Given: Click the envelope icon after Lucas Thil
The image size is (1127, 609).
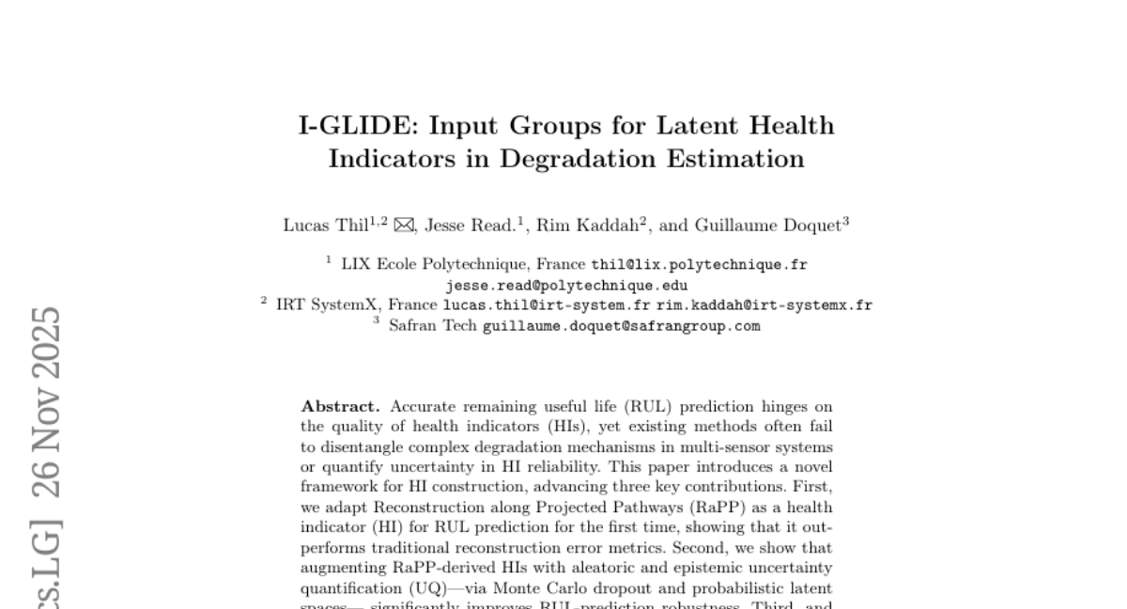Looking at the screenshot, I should pyautogui.click(x=404, y=226).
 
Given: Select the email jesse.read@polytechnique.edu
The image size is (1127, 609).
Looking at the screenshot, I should pyautogui.click(x=566, y=286).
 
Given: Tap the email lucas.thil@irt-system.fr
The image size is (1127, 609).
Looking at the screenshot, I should pyautogui.click(x=547, y=305).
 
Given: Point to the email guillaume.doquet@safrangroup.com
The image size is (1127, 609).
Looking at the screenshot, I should pyautogui.click(x=621, y=326).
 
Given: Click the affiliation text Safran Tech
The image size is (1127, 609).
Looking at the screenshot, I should pyautogui.click(x=433, y=326).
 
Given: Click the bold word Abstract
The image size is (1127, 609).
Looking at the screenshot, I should pyautogui.click(x=340, y=407).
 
